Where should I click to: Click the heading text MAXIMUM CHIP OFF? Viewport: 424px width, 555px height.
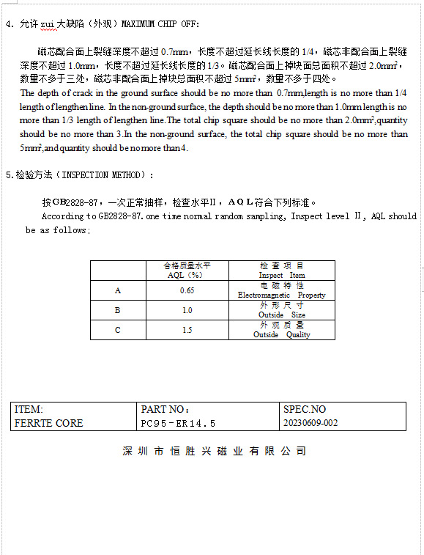[161, 24]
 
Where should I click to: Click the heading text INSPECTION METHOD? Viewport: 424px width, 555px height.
[107, 175]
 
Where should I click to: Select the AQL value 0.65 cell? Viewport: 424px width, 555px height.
[187, 290]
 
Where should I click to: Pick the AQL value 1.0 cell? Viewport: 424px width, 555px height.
[187, 310]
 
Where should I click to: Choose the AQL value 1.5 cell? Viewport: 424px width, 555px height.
[187, 330]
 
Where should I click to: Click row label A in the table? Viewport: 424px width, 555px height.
[117, 290]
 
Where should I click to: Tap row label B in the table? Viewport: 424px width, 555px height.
[117, 310]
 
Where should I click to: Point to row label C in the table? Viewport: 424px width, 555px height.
[117, 330]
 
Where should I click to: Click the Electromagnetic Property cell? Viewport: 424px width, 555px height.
[282, 290]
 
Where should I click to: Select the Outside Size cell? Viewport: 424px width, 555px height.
[282, 310]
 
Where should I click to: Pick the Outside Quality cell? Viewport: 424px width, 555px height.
[282, 330]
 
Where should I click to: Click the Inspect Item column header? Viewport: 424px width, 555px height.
[282, 271]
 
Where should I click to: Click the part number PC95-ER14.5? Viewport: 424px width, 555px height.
[178, 423]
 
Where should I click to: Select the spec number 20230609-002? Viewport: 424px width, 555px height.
[310, 423]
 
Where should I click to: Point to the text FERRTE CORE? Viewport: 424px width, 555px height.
[48, 423]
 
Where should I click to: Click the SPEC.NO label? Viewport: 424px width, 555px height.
[304, 410]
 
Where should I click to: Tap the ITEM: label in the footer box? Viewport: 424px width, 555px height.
[29, 410]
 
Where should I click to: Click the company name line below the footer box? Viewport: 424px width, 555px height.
[214, 451]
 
